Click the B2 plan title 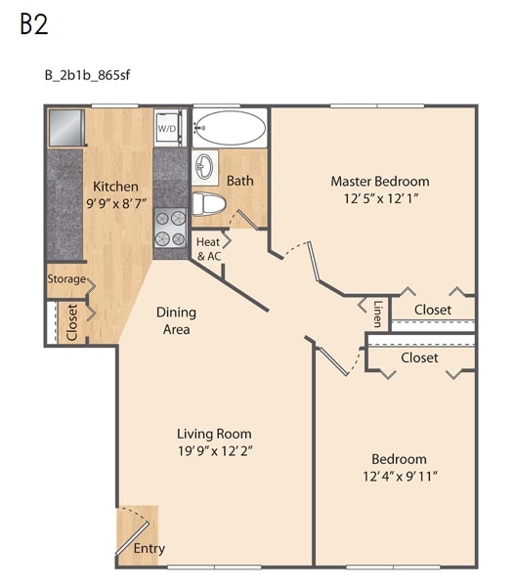point(33,24)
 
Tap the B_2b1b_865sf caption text point(88,75)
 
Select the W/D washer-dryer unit point(170,128)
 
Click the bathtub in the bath point(231,128)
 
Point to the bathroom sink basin point(204,167)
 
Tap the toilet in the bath point(209,204)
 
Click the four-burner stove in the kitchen point(170,228)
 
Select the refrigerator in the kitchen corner point(66,127)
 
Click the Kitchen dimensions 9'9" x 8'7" point(116,204)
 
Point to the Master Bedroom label point(380,182)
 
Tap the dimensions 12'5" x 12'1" point(381,198)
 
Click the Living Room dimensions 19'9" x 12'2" point(215,451)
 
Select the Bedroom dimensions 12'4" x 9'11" point(400,477)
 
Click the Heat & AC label point(209,249)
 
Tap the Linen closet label point(377,314)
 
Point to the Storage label point(66,279)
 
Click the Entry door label point(149,549)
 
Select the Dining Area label point(176,320)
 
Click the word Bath point(240,181)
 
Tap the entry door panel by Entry point(133,538)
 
